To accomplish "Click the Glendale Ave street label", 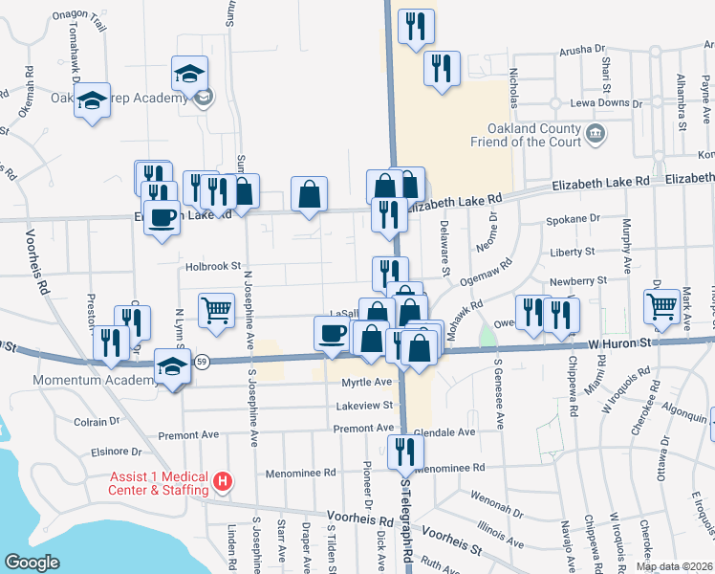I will coord(446,432).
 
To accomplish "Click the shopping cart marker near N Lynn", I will coord(217,310).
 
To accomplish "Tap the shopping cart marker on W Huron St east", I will coord(662,307).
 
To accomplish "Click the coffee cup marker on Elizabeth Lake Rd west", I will coord(162,217).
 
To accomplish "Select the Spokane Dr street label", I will coord(573,219).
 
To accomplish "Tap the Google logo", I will coord(32,562).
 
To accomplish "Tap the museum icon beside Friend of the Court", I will coord(596,131).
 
